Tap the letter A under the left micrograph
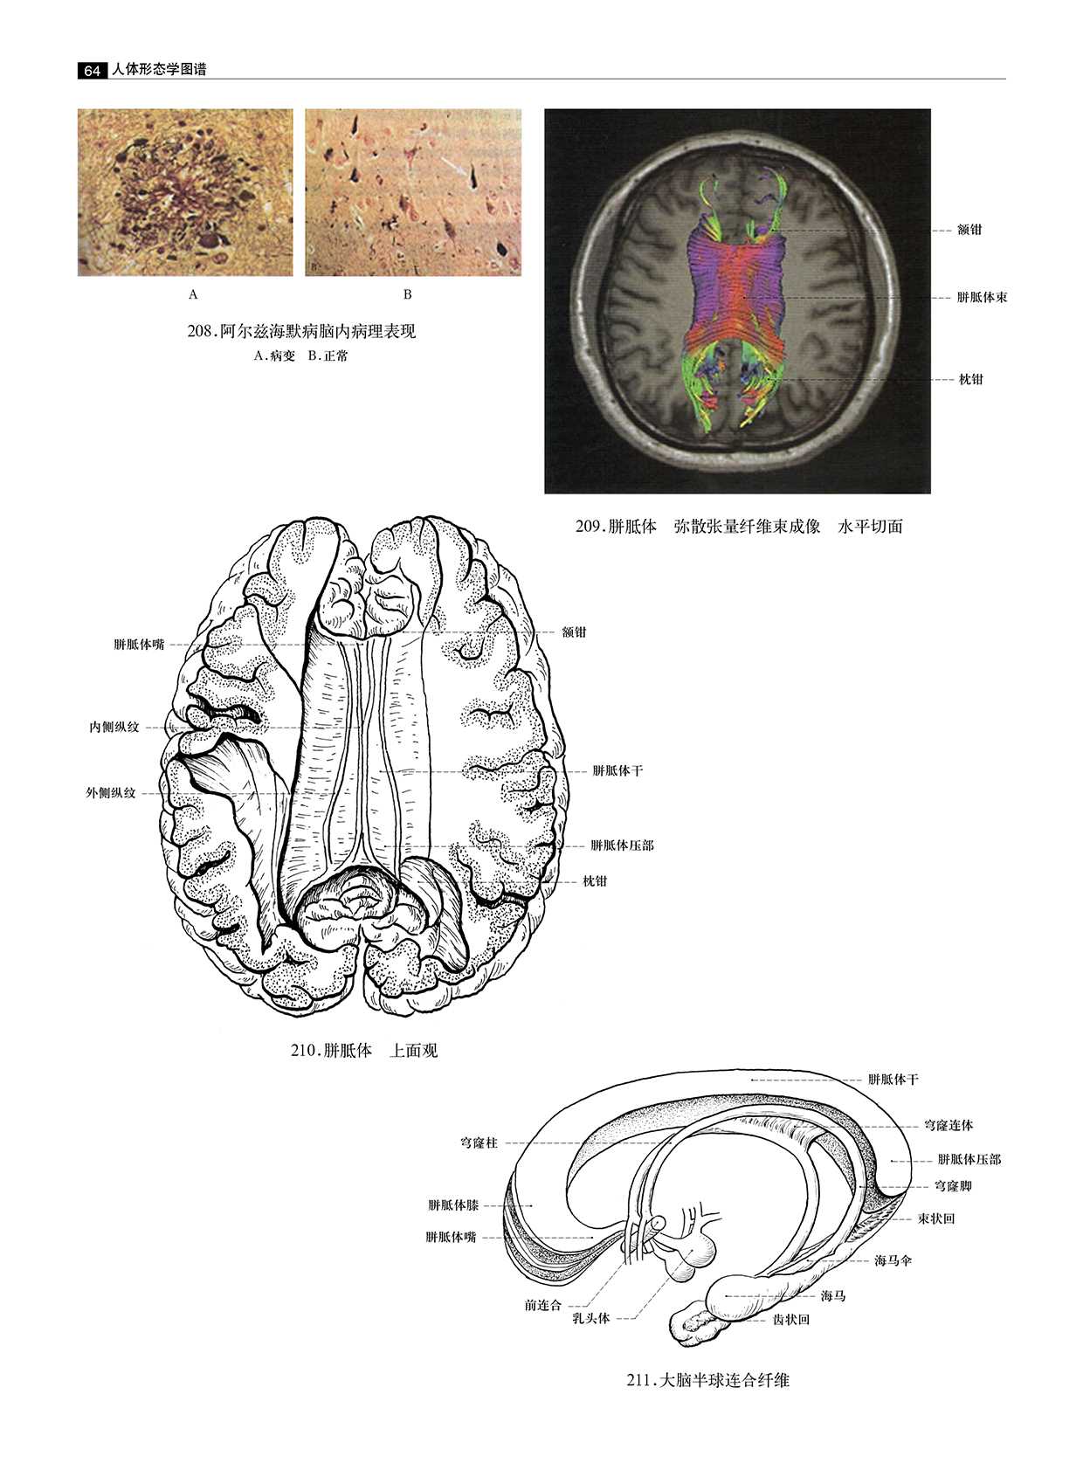[x=193, y=295]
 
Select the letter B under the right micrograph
[x=407, y=295]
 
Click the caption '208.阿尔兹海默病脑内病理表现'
[x=301, y=332]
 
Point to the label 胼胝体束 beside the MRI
[x=982, y=298]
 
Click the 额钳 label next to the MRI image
[x=969, y=230]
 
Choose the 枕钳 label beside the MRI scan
[x=970, y=379]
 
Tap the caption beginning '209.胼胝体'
[x=739, y=527]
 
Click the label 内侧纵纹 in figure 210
[x=114, y=727]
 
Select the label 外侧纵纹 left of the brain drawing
[x=110, y=794]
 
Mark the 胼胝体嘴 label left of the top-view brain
[x=139, y=645]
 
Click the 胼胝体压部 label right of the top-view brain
[x=622, y=845]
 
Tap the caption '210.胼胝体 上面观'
[x=364, y=1051]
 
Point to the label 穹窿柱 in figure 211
[x=479, y=1142]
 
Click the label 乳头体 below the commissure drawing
[x=590, y=1319]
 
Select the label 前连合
[x=542, y=1305]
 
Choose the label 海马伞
[x=893, y=1261]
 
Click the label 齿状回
[x=791, y=1320]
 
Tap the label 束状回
[x=935, y=1218]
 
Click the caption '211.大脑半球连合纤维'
[x=708, y=1381]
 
